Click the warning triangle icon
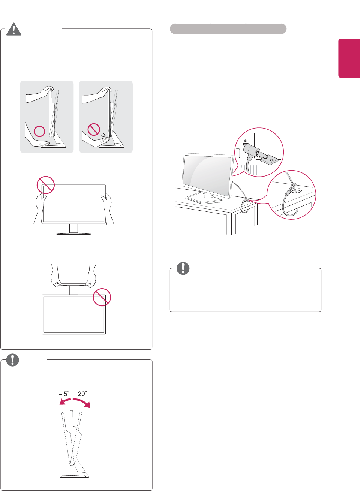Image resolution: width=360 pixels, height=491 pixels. [x=14, y=29]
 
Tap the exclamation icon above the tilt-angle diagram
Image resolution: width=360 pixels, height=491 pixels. [x=12, y=360]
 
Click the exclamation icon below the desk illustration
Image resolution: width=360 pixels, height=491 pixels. [x=183, y=268]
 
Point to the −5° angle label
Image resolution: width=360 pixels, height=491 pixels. [x=64, y=394]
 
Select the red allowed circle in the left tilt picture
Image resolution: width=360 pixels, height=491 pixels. [x=39, y=131]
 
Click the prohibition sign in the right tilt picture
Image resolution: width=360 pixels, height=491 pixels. [x=94, y=130]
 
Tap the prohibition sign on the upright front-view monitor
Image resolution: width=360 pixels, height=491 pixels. [x=46, y=185]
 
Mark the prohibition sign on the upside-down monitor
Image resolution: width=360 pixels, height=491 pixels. [x=102, y=297]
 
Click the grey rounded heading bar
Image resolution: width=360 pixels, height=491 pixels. [x=228, y=29]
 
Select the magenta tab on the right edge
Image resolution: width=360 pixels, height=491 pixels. [x=349, y=58]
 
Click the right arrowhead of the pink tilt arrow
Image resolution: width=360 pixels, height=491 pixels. [x=88, y=405]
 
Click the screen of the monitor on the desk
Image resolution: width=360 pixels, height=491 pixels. [x=207, y=174]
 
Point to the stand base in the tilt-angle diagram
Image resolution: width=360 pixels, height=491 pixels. [x=75, y=476]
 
